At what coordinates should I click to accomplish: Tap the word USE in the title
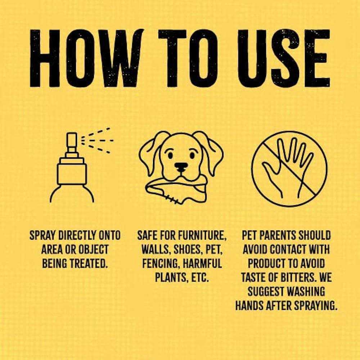tap(284, 58)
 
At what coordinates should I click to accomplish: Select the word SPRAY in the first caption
tap(43, 235)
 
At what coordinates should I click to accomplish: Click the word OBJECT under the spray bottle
tap(94, 249)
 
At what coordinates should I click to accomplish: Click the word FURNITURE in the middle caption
tap(202, 236)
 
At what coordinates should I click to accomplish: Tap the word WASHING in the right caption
tap(306, 291)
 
